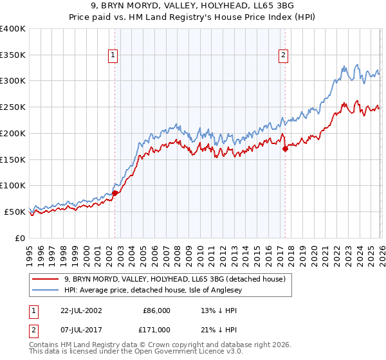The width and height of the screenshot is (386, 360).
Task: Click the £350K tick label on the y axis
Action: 13,55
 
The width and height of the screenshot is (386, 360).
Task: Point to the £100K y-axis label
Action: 13,186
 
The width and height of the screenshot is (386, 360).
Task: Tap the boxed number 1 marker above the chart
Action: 113,56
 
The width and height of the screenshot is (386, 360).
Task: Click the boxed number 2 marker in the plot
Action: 283,56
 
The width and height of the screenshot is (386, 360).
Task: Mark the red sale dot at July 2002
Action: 115,193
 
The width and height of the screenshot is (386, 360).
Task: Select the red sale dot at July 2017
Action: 285,148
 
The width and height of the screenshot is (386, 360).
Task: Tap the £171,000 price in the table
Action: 157,329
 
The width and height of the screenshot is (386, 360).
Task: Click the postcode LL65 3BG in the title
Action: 273,6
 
